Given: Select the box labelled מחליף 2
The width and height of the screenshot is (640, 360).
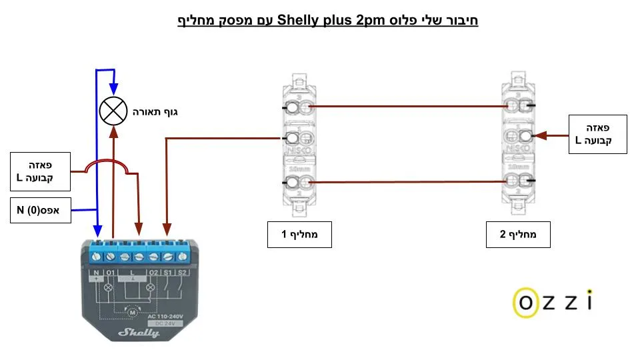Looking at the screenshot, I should coord(519,235).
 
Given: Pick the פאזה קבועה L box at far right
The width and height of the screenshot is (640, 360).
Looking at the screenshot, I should coord(597,134).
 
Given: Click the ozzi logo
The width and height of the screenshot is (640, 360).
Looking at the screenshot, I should coord(552,302).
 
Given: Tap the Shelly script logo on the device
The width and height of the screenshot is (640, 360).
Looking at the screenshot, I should coord(139,331).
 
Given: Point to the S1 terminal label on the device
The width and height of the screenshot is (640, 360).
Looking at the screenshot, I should coord(167,273).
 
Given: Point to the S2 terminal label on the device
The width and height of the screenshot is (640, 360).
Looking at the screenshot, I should coord(182,273).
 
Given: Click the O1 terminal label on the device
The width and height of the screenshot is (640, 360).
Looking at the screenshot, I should coord(111,273).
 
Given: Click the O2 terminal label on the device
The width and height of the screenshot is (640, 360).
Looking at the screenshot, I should coord(153,273).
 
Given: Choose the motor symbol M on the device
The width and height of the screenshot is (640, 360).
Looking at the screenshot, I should coord(131,310).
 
